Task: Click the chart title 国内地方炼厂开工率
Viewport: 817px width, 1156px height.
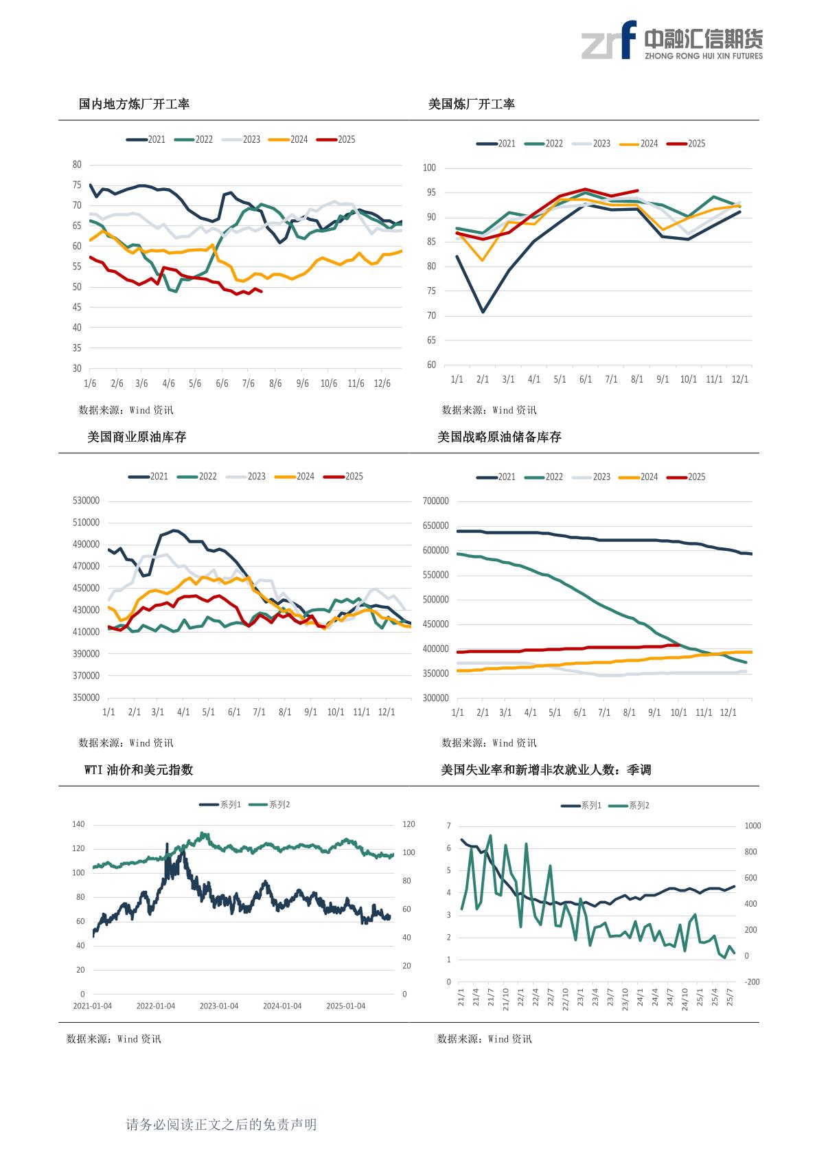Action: [x=134, y=104]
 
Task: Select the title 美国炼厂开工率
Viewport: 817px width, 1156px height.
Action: [x=471, y=104]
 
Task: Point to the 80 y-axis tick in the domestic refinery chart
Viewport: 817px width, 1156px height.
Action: [x=77, y=165]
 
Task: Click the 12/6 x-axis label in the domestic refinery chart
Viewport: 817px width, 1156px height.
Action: [x=382, y=383]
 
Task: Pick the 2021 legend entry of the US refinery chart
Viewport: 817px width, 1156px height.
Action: [x=496, y=144]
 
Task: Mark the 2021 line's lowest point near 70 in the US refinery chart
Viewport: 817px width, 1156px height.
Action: [x=483, y=312]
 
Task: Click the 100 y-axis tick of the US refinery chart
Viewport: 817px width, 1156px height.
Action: [x=430, y=168]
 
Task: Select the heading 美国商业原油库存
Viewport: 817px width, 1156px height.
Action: [x=137, y=438]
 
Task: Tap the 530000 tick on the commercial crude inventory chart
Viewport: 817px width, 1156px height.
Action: [x=86, y=501]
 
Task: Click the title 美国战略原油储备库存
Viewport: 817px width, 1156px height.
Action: [x=499, y=438]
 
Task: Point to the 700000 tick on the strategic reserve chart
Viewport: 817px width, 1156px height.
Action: [x=436, y=501]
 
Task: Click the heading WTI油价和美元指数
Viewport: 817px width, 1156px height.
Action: [x=139, y=770]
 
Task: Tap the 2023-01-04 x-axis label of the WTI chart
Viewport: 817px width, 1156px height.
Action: [x=219, y=1006]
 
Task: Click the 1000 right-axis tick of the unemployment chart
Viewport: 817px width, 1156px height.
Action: [x=752, y=826]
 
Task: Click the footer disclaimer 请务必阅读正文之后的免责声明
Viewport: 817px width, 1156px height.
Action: [x=221, y=1124]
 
